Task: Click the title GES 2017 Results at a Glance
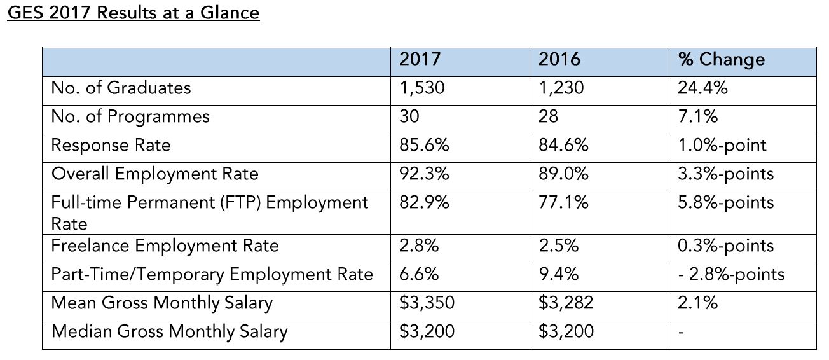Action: pos(134,13)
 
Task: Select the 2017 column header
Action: pos(420,59)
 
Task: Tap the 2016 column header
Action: pos(559,59)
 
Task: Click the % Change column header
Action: pos(722,60)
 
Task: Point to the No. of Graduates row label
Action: pos(121,88)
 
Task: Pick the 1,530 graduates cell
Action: pos(421,88)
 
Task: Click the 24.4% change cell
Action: pos(702,88)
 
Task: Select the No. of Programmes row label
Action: pos(130,117)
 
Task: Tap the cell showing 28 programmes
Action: pos(548,116)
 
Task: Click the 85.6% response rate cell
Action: pos(424,145)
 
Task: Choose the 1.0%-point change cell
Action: pos(722,146)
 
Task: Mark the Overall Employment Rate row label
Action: pos(154,174)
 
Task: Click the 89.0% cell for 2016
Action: pos(563,174)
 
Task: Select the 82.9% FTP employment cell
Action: pos(424,203)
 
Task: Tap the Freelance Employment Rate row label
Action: pos(165,246)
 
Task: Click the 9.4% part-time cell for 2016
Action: pos(558,274)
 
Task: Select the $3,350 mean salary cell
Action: pos(427,303)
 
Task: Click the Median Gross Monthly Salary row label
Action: pos(170,332)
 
